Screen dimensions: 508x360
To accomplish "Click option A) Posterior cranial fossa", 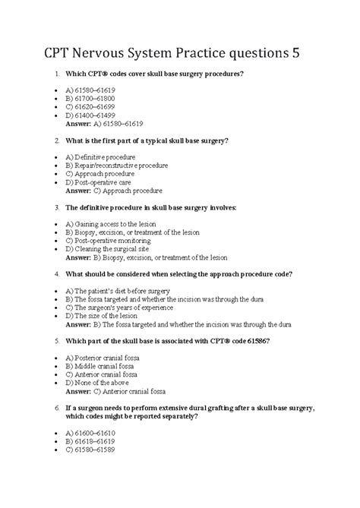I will pyautogui.click(x=107, y=358).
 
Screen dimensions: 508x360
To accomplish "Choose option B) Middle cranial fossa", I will pyautogui.click(x=103, y=366).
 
